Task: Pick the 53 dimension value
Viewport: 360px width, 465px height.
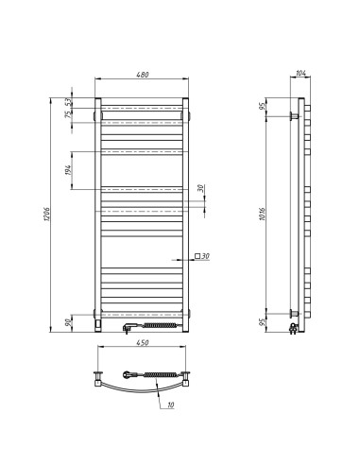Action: (x=68, y=101)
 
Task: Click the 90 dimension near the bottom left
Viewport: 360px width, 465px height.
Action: (x=68, y=321)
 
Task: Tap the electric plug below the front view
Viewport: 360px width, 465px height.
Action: (x=129, y=328)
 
